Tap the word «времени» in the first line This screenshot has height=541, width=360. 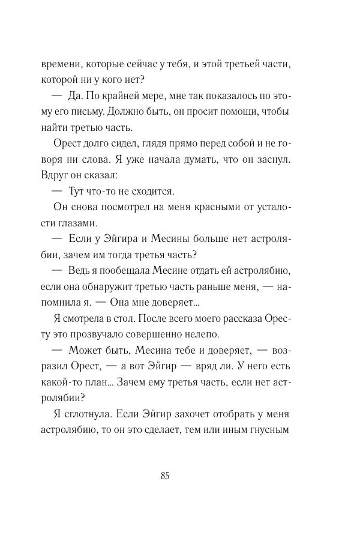61,64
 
